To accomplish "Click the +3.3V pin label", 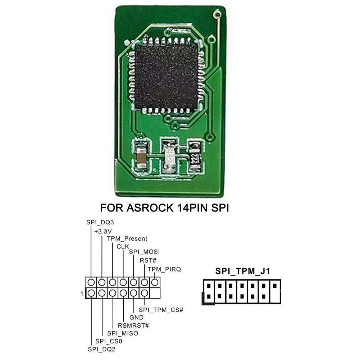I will tap(103, 231).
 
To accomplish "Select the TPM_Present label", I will tap(127, 238).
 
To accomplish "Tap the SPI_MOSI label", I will tap(144, 252).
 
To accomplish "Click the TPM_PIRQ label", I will tap(164, 269).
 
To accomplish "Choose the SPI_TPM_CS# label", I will tap(161, 309).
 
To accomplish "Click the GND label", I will tap(136, 317).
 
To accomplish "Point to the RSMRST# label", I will tap(133, 325).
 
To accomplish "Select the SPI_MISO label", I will tap(123, 333).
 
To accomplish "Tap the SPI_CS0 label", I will tap(107, 341).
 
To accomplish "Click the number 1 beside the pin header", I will tap(82, 294).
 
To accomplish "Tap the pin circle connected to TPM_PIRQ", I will tap(155, 282).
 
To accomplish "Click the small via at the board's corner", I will tap(217, 15).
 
